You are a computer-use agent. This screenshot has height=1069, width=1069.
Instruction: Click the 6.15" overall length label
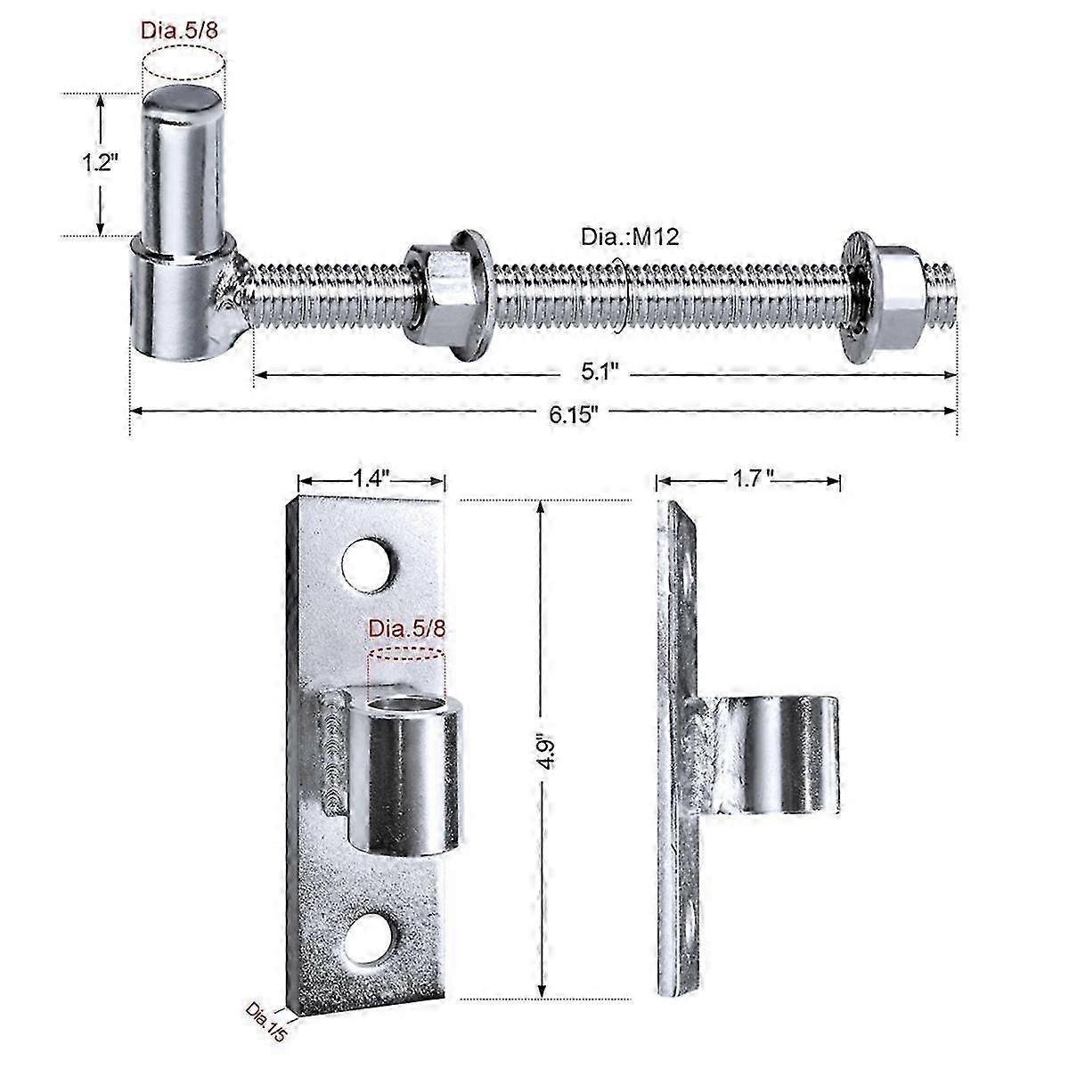[x=572, y=412]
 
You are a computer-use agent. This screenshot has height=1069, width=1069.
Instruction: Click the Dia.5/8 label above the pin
[x=178, y=29]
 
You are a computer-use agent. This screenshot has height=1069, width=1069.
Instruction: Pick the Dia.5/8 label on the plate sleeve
[x=405, y=628]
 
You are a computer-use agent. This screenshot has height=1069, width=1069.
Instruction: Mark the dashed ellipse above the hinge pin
[x=184, y=65]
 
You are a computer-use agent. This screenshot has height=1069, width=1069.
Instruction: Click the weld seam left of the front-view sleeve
[x=331, y=753]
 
